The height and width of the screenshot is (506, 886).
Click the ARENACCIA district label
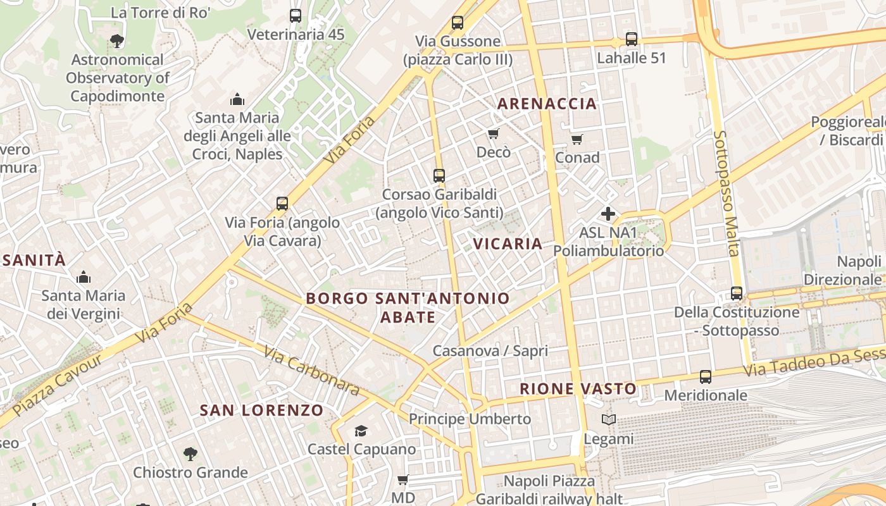547,104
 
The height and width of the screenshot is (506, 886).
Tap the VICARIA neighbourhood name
508,244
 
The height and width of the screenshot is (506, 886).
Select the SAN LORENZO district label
261,410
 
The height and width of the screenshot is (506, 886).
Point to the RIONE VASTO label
578,388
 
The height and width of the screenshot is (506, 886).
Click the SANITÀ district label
34,260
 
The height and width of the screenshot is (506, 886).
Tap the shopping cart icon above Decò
493,133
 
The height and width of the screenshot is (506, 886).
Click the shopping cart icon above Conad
577,139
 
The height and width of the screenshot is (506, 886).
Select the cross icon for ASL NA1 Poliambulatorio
608,214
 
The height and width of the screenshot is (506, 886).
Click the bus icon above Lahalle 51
631,39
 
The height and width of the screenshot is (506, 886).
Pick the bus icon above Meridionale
705,377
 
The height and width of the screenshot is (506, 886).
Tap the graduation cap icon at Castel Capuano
361,431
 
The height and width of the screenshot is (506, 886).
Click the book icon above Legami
608,419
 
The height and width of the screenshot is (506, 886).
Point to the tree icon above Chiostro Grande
190,454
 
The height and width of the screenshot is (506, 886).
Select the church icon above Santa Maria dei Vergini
83,277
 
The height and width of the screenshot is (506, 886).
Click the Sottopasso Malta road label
726,193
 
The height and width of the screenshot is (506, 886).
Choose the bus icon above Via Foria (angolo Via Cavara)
282,204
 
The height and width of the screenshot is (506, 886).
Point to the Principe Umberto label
470,419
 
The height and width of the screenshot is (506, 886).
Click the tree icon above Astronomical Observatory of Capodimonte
116,41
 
